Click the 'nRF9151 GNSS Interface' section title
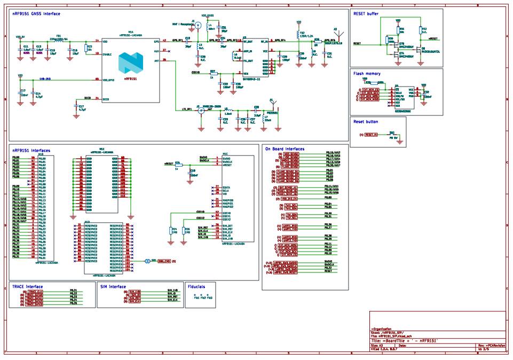36,13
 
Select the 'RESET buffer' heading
366,13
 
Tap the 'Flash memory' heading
367,73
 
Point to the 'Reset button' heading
366,122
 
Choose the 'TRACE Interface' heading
27,286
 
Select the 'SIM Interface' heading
113,286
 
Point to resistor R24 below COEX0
170,230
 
